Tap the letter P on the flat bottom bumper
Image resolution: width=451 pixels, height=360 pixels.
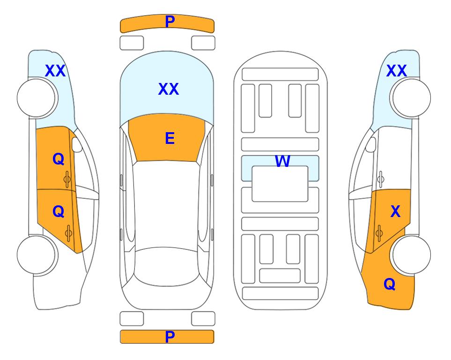[170, 337]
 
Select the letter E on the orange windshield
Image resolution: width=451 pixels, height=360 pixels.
[170, 138]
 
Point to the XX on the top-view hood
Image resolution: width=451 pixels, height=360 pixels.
[169, 89]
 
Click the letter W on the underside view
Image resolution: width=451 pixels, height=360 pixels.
[282, 161]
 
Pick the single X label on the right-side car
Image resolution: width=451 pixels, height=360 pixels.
[395, 211]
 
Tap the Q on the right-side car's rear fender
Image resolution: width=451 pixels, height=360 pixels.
[390, 284]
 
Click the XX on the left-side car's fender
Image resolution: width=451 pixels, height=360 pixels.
[55, 71]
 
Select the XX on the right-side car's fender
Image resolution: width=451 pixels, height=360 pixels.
[397, 71]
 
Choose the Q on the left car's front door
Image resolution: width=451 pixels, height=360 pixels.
[59, 159]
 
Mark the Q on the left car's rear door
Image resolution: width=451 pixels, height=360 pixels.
[59, 212]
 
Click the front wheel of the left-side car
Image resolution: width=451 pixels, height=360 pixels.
[36, 98]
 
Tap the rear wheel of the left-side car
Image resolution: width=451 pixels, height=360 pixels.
[36, 255]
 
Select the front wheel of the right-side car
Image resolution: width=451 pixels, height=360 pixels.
[411, 98]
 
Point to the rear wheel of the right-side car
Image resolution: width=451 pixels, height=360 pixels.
[411, 255]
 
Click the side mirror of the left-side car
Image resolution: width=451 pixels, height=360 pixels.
[76, 144]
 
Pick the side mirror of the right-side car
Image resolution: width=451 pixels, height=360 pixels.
[371, 144]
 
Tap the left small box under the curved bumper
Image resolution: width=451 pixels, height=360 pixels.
[132, 43]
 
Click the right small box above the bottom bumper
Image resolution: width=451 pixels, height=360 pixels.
[203, 319]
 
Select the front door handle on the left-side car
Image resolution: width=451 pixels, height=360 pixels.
[67, 179]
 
